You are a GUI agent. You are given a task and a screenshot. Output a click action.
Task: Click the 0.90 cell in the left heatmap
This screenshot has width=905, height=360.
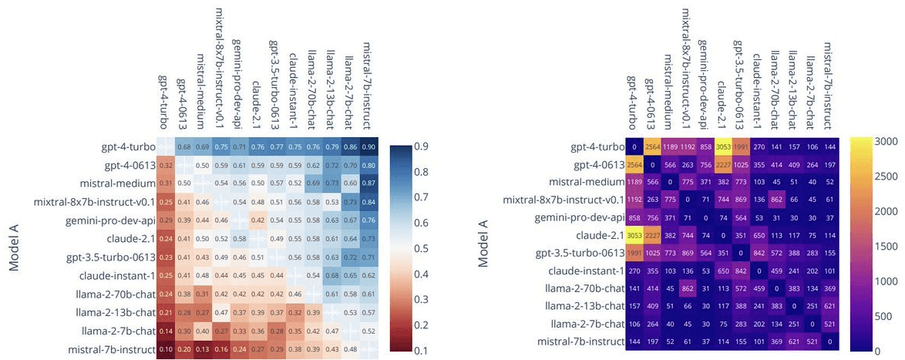click(370, 146)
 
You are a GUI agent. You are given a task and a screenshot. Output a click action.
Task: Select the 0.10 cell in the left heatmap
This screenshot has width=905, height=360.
click(165, 348)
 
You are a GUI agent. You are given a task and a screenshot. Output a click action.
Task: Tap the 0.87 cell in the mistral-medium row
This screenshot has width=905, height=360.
click(370, 183)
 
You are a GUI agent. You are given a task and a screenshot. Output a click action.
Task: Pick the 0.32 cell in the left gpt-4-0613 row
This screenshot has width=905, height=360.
click(165, 164)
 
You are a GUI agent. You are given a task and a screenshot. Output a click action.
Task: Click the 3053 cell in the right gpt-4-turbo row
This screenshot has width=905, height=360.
click(722, 146)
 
